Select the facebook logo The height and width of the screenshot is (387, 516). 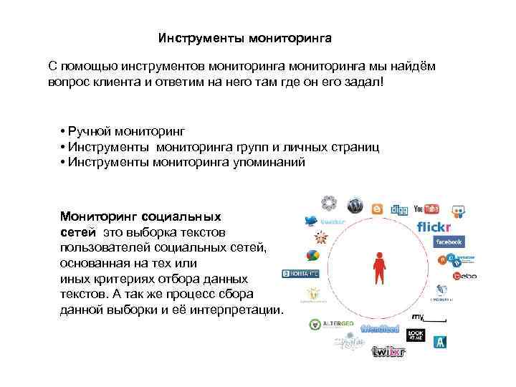448,242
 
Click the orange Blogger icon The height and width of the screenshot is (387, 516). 377,209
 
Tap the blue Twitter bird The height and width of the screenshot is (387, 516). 312,221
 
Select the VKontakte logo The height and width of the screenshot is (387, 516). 302,273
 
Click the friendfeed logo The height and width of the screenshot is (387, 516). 379,329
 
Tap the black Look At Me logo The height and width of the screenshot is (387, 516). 416,335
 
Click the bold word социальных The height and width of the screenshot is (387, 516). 181,215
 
